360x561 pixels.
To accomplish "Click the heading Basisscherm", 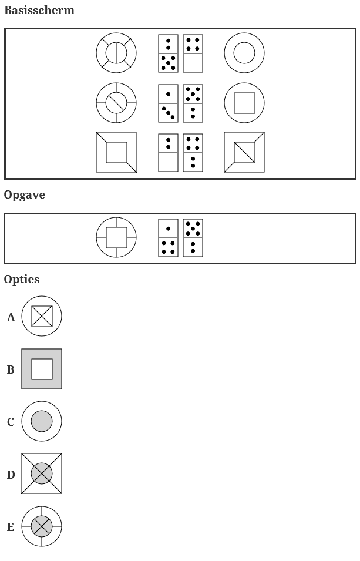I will coord(39,11).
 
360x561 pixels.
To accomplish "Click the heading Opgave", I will coord(25,195).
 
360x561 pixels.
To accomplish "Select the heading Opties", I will coord(22,280).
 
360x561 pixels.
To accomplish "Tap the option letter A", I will coord(11,318).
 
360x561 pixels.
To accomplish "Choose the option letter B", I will coord(11,370).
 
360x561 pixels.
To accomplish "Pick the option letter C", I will coord(11,422).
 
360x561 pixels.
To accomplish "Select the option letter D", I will coord(11,475).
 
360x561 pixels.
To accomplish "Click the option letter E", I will coord(11,527).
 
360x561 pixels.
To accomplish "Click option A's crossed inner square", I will coord(42,317).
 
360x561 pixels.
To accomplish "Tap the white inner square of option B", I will coord(42,369).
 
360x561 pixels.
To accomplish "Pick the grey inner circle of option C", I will coord(42,421).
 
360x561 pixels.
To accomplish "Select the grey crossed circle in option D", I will coord(42,473).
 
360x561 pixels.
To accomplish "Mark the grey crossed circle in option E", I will coord(42,526).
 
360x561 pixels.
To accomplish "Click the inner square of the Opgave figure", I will coord(116,237).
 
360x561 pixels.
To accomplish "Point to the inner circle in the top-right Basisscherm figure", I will coord(244,53).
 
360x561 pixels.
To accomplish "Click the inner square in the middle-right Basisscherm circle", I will coord(244,103).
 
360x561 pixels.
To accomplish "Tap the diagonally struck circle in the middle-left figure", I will coord(116,103).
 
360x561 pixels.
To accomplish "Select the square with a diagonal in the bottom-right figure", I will coord(244,152).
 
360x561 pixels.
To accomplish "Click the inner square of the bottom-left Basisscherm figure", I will coord(116,152).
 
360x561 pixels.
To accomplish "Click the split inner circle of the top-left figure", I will coord(116,53).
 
